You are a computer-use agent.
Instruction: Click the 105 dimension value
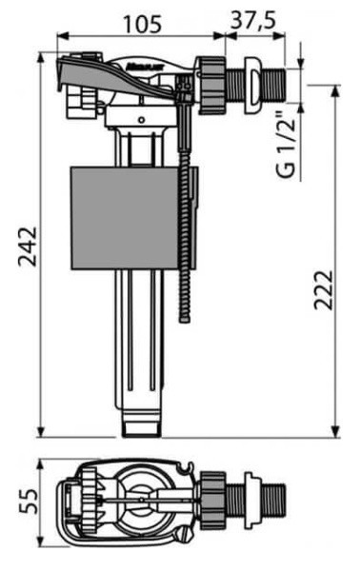click(143, 24)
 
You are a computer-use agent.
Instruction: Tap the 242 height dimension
click(28, 246)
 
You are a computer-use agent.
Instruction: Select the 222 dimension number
click(324, 290)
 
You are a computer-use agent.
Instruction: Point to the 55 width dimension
click(29, 501)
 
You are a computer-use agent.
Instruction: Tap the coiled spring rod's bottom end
click(185, 320)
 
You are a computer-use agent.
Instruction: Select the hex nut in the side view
click(211, 86)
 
